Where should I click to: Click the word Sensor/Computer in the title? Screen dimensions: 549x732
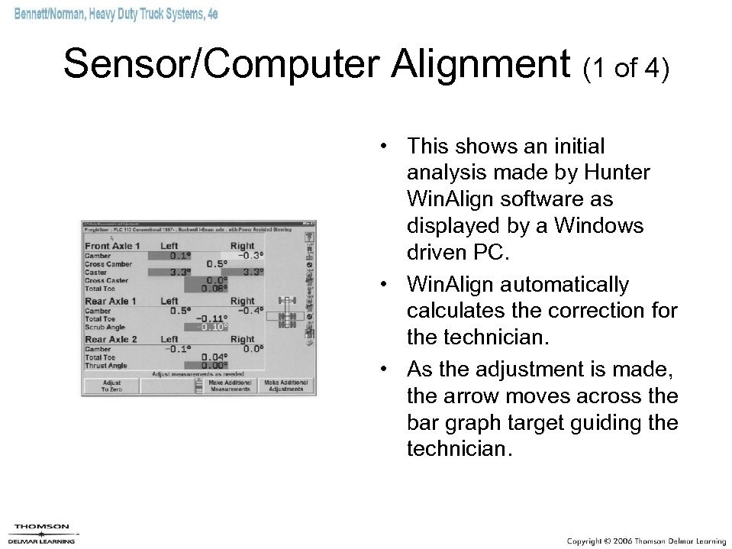tap(221, 66)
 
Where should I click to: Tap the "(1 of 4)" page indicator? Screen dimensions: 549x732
tap(625, 69)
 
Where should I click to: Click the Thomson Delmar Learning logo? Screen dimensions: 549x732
tap(42, 533)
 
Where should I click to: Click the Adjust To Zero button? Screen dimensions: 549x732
tap(111, 386)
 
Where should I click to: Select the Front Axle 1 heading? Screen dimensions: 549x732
tap(112, 246)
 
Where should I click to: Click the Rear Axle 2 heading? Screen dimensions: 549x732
tap(111, 339)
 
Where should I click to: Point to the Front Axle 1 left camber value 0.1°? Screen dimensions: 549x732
tap(181, 255)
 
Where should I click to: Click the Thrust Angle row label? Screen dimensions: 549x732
tap(106, 366)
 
